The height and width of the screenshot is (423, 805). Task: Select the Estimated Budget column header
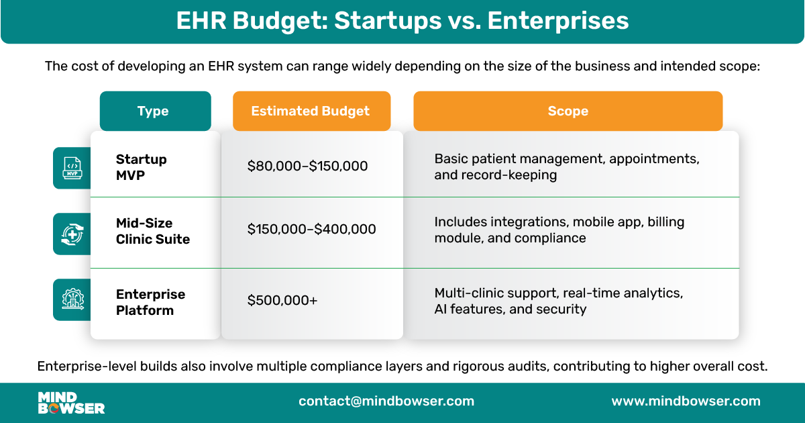311,111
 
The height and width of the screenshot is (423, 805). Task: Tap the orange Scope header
568,111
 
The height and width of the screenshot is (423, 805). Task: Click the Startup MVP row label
142,167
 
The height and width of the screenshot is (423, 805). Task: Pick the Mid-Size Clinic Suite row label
153,230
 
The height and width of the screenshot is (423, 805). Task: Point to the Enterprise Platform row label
150,302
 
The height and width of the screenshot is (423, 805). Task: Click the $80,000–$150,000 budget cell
307,166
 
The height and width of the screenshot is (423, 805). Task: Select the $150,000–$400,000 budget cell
311,229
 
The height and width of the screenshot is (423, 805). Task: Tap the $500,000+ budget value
282,300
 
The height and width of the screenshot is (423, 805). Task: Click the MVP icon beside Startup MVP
72,168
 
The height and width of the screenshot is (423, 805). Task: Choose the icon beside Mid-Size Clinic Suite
72,234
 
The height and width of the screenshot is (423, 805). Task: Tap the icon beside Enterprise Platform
72,299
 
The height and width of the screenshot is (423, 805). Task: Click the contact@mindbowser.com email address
386,402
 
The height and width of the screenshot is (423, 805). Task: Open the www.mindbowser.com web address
686,402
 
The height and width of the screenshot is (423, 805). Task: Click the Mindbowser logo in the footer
71,402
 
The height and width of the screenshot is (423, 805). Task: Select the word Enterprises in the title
558,21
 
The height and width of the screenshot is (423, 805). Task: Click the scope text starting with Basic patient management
567,167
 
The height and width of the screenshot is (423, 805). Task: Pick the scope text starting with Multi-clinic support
558,301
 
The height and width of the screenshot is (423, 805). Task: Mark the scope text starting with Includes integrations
559,230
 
